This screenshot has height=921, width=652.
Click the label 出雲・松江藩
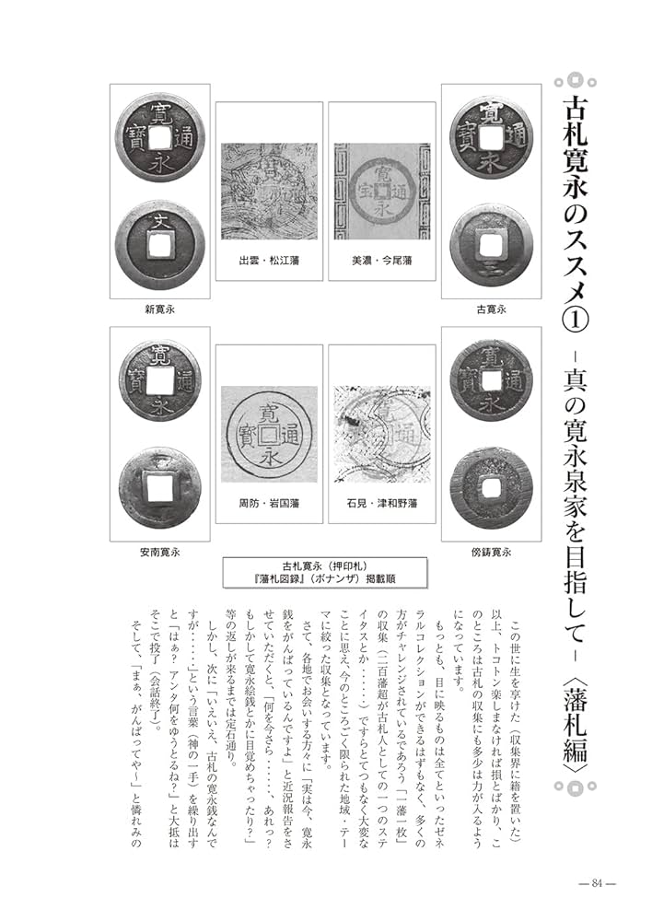pos(269,261)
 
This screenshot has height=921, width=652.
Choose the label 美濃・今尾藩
pos(381,261)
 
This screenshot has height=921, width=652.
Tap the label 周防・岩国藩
pos(269,504)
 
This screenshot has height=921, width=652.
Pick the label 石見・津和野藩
pos(381,504)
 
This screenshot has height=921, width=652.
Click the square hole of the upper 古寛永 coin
pos(490,134)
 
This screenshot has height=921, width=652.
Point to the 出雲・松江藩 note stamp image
pos(269,190)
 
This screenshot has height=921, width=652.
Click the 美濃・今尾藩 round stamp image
pos(381,190)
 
